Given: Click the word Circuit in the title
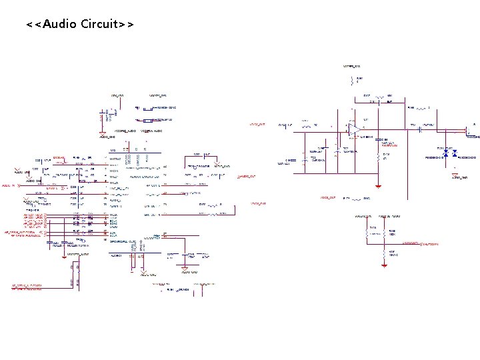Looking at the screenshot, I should pyautogui.click(x=99, y=25).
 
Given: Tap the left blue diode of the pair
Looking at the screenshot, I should pyautogui.click(x=446, y=153).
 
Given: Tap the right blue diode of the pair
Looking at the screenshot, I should pyautogui.click(x=454, y=153).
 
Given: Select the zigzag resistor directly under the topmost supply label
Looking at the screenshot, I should pyautogui.click(x=351, y=82).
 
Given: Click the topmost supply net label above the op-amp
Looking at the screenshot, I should pyautogui.click(x=351, y=67).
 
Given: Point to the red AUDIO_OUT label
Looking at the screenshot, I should pyautogui.click(x=247, y=176).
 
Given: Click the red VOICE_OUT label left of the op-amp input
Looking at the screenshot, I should pyautogui.click(x=257, y=124).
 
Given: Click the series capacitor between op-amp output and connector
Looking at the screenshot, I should pyautogui.click(x=421, y=129).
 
